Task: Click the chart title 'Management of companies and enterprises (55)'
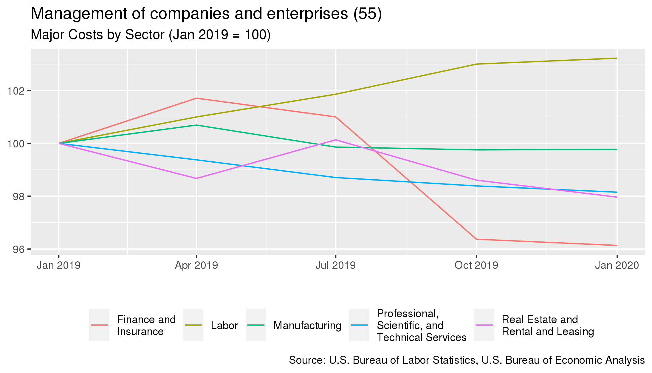point(206,14)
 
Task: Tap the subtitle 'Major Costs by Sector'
point(98,35)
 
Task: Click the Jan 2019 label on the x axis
point(59,265)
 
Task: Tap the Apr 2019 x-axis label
point(196,265)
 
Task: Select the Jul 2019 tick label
point(336,265)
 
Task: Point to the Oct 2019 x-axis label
point(476,265)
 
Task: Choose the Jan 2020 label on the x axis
point(617,265)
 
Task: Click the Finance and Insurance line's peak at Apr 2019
point(196,98)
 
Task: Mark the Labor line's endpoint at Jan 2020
point(617,58)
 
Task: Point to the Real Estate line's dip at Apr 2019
point(196,178)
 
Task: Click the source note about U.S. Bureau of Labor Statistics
point(467,360)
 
